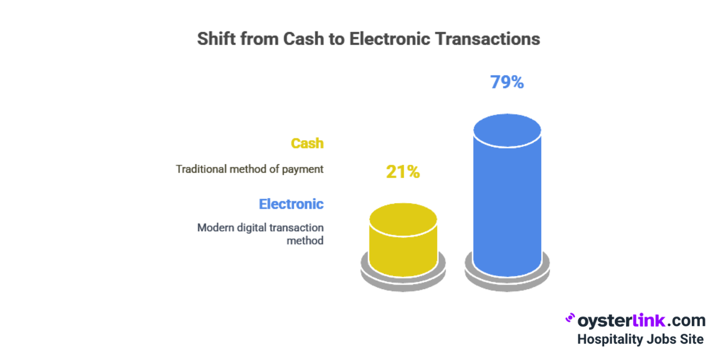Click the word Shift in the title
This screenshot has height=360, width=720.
217,39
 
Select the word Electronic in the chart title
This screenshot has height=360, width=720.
390,39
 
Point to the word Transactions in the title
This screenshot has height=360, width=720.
488,39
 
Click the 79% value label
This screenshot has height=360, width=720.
507,82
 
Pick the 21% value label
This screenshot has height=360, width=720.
403,172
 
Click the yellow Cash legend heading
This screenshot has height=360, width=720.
307,143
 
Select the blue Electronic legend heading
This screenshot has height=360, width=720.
291,204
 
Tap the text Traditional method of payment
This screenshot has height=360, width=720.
249,169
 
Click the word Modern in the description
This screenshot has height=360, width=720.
215,228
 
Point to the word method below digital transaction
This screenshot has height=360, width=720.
305,241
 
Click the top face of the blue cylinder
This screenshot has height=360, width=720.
507,130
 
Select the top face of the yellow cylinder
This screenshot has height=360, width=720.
403,219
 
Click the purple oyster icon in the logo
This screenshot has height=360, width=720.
570,318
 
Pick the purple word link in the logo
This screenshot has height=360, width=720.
649,321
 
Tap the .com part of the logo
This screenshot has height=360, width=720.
686,321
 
